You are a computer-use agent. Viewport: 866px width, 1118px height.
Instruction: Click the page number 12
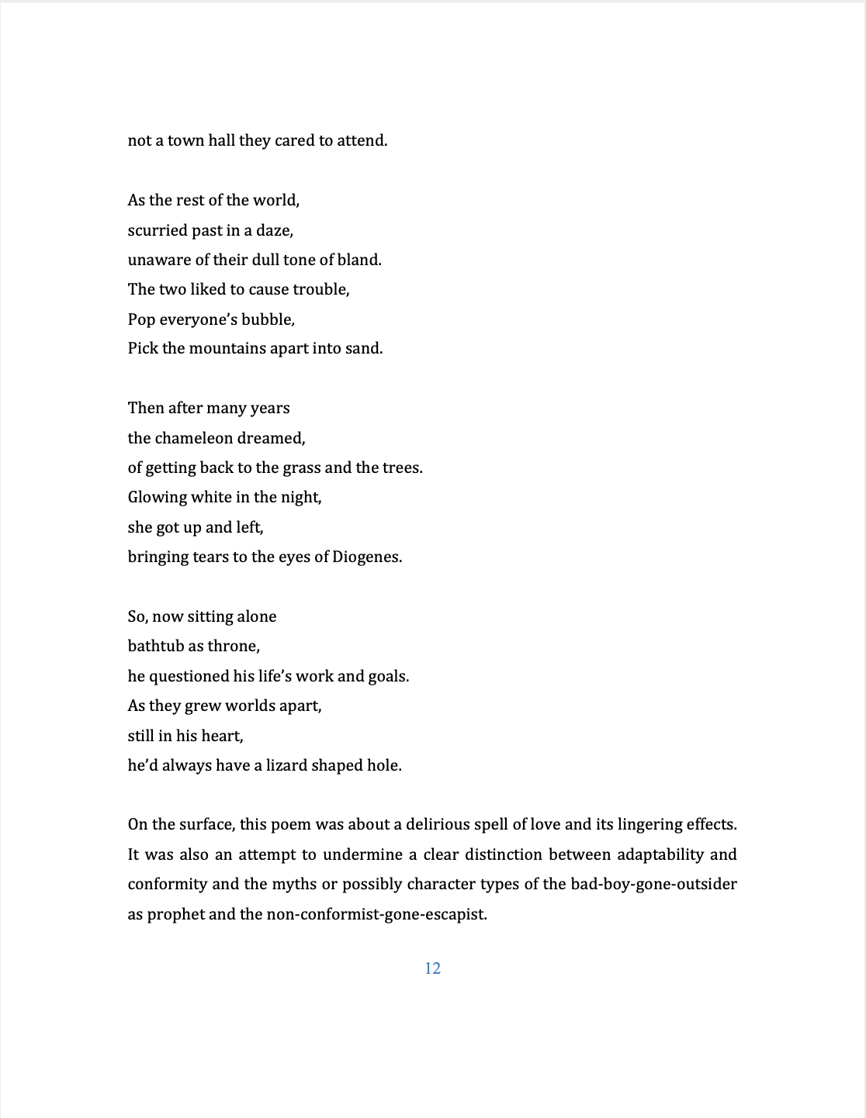[x=432, y=968]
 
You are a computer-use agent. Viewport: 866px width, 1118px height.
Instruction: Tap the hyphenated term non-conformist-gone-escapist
[x=376, y=914]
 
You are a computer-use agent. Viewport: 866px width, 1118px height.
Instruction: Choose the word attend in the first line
[x=361, y=140]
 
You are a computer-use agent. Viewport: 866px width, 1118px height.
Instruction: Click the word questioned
[x=189, y=676]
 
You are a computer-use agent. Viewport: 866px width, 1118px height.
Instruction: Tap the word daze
[x=275, y=230]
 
